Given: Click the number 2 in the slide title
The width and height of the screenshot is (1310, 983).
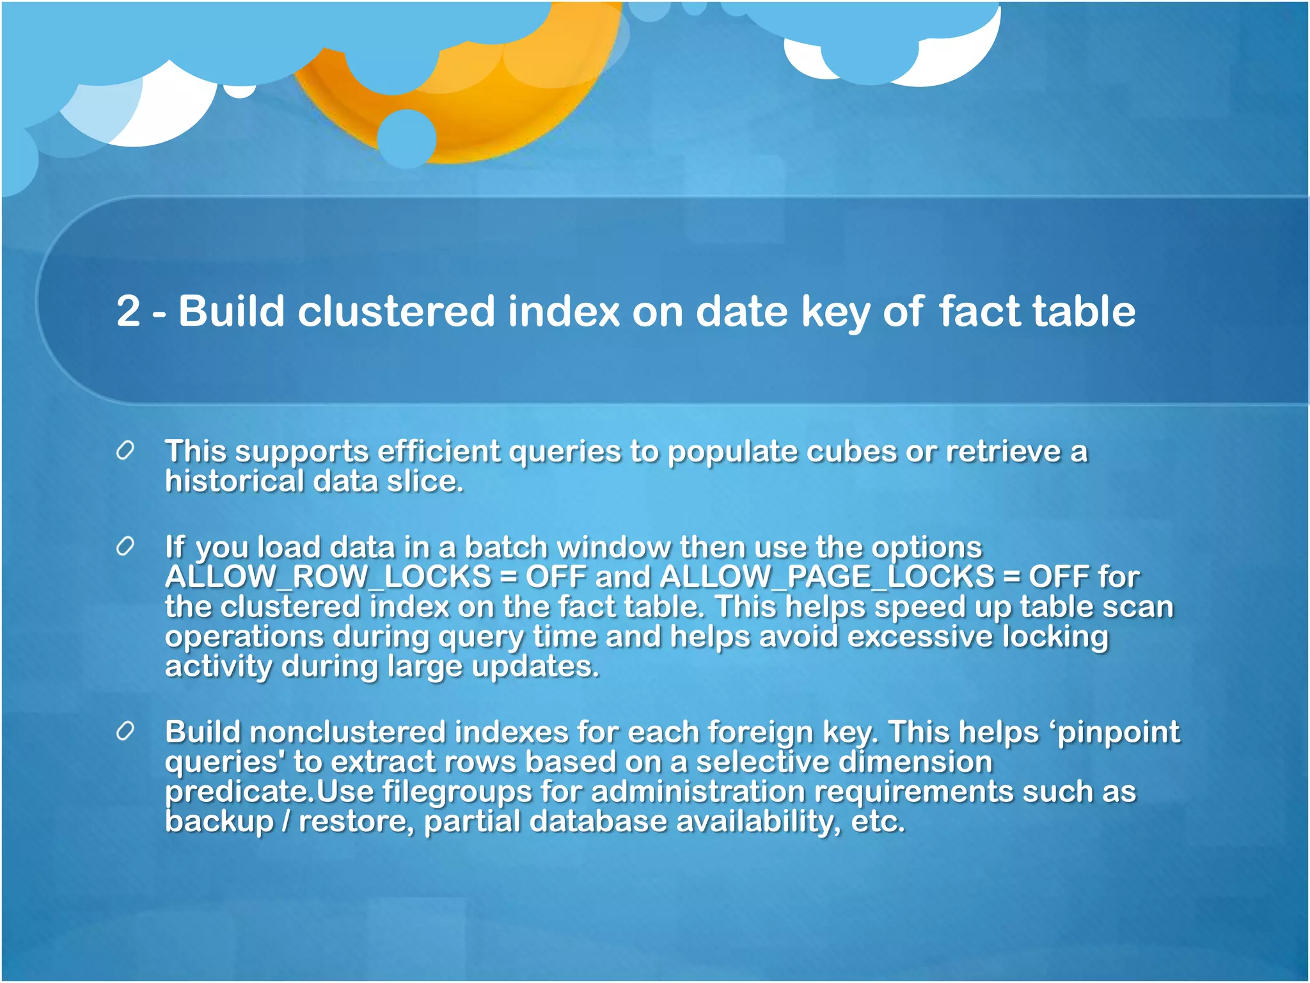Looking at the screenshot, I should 128,311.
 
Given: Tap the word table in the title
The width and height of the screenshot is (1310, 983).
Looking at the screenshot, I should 1084,311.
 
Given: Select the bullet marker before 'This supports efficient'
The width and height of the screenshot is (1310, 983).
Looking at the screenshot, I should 125,451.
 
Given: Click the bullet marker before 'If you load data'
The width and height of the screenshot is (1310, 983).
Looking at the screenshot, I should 125,547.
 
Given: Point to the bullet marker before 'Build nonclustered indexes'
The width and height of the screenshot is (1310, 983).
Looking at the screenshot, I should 125,731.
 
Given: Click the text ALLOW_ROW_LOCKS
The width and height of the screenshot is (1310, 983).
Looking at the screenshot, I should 327,577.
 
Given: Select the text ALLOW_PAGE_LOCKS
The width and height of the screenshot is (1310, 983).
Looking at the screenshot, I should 826,577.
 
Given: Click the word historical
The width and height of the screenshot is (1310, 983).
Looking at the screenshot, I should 234,481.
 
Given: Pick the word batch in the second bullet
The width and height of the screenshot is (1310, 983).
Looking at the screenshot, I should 505,547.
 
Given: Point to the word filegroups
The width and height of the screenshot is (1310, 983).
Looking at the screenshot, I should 457,792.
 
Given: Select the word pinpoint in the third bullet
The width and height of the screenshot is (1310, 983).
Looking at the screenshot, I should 1118,733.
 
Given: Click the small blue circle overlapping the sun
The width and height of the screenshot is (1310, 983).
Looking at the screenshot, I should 407,138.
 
